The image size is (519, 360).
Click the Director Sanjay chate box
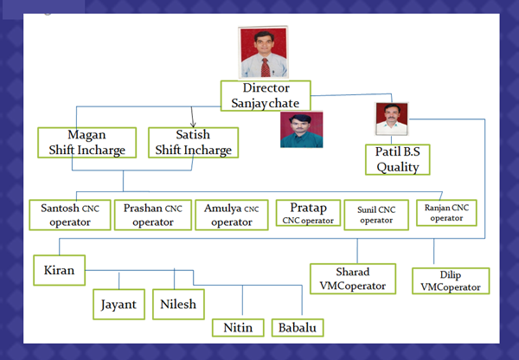tap(266, 96)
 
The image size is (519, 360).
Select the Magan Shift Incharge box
tap(87, 143)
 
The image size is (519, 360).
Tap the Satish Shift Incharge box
tap(193, 143)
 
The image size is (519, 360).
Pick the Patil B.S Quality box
tap(398, 159)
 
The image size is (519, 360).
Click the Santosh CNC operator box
tap(70, 215)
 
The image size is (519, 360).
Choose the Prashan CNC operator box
tap(153, 215)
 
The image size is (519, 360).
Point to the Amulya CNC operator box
tap(232, 215)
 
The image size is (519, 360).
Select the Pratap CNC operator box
tap(308, 213)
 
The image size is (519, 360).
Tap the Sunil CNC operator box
tap(376, 215)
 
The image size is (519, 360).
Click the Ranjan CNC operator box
tap(446, 213)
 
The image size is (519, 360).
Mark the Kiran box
tap(59, 270)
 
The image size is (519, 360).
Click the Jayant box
tap(119, 305)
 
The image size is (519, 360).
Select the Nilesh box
tap(178, 305)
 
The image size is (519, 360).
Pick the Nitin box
tap(238, 327)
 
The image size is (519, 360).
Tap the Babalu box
tap(298, 327)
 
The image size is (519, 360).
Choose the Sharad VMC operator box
tap(353, 279)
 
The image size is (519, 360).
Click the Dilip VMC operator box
tap(451, 281)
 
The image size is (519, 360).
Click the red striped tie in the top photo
tap(266, 67)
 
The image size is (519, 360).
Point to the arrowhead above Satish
tap(193, 125)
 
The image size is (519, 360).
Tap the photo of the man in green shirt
tap(302, 130)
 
